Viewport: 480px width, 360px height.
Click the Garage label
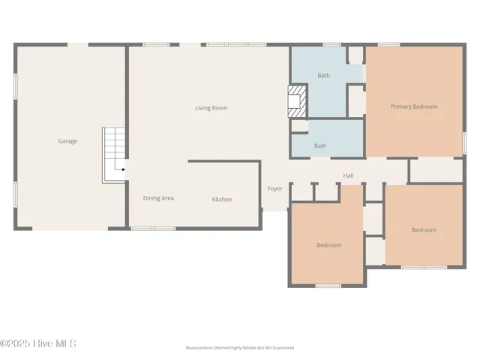pyautogui.click(x=67, y=141)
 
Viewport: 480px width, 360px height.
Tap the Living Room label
pyautogui.click(x=211, y=108)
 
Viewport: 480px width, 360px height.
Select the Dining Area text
pyautogui.click(x=158, y=198)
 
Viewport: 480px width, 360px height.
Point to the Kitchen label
pyautogui.click(x=221, y=199)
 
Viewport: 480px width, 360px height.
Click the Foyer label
pyautogui.click(x=275, y=188)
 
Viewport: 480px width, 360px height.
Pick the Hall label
pyautogui.click(x=348, y=175)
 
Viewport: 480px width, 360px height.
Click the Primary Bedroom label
pyautogui.click(x=413, y=106)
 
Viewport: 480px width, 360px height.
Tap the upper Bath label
pyautogui.click(x=322, y=75)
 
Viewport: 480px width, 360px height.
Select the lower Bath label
pyautogui.click(x=320, y=145)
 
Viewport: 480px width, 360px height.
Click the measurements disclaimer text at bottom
pyautogui.click(x=239, y=348)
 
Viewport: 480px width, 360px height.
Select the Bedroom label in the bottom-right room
pyautogui.click(x=423, y=230)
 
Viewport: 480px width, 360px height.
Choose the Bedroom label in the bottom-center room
pyautogui.click(x=328, y=245)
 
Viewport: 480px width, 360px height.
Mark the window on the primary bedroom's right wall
pyautogui.click(x=464, y=142)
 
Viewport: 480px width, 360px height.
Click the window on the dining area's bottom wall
pyautogui.click(x=142, y=229)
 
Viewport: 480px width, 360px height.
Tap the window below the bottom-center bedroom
pyautogui.click(x=328, y=286)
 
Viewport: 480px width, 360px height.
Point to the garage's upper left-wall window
pyautogui.click(x=15, y=85)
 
